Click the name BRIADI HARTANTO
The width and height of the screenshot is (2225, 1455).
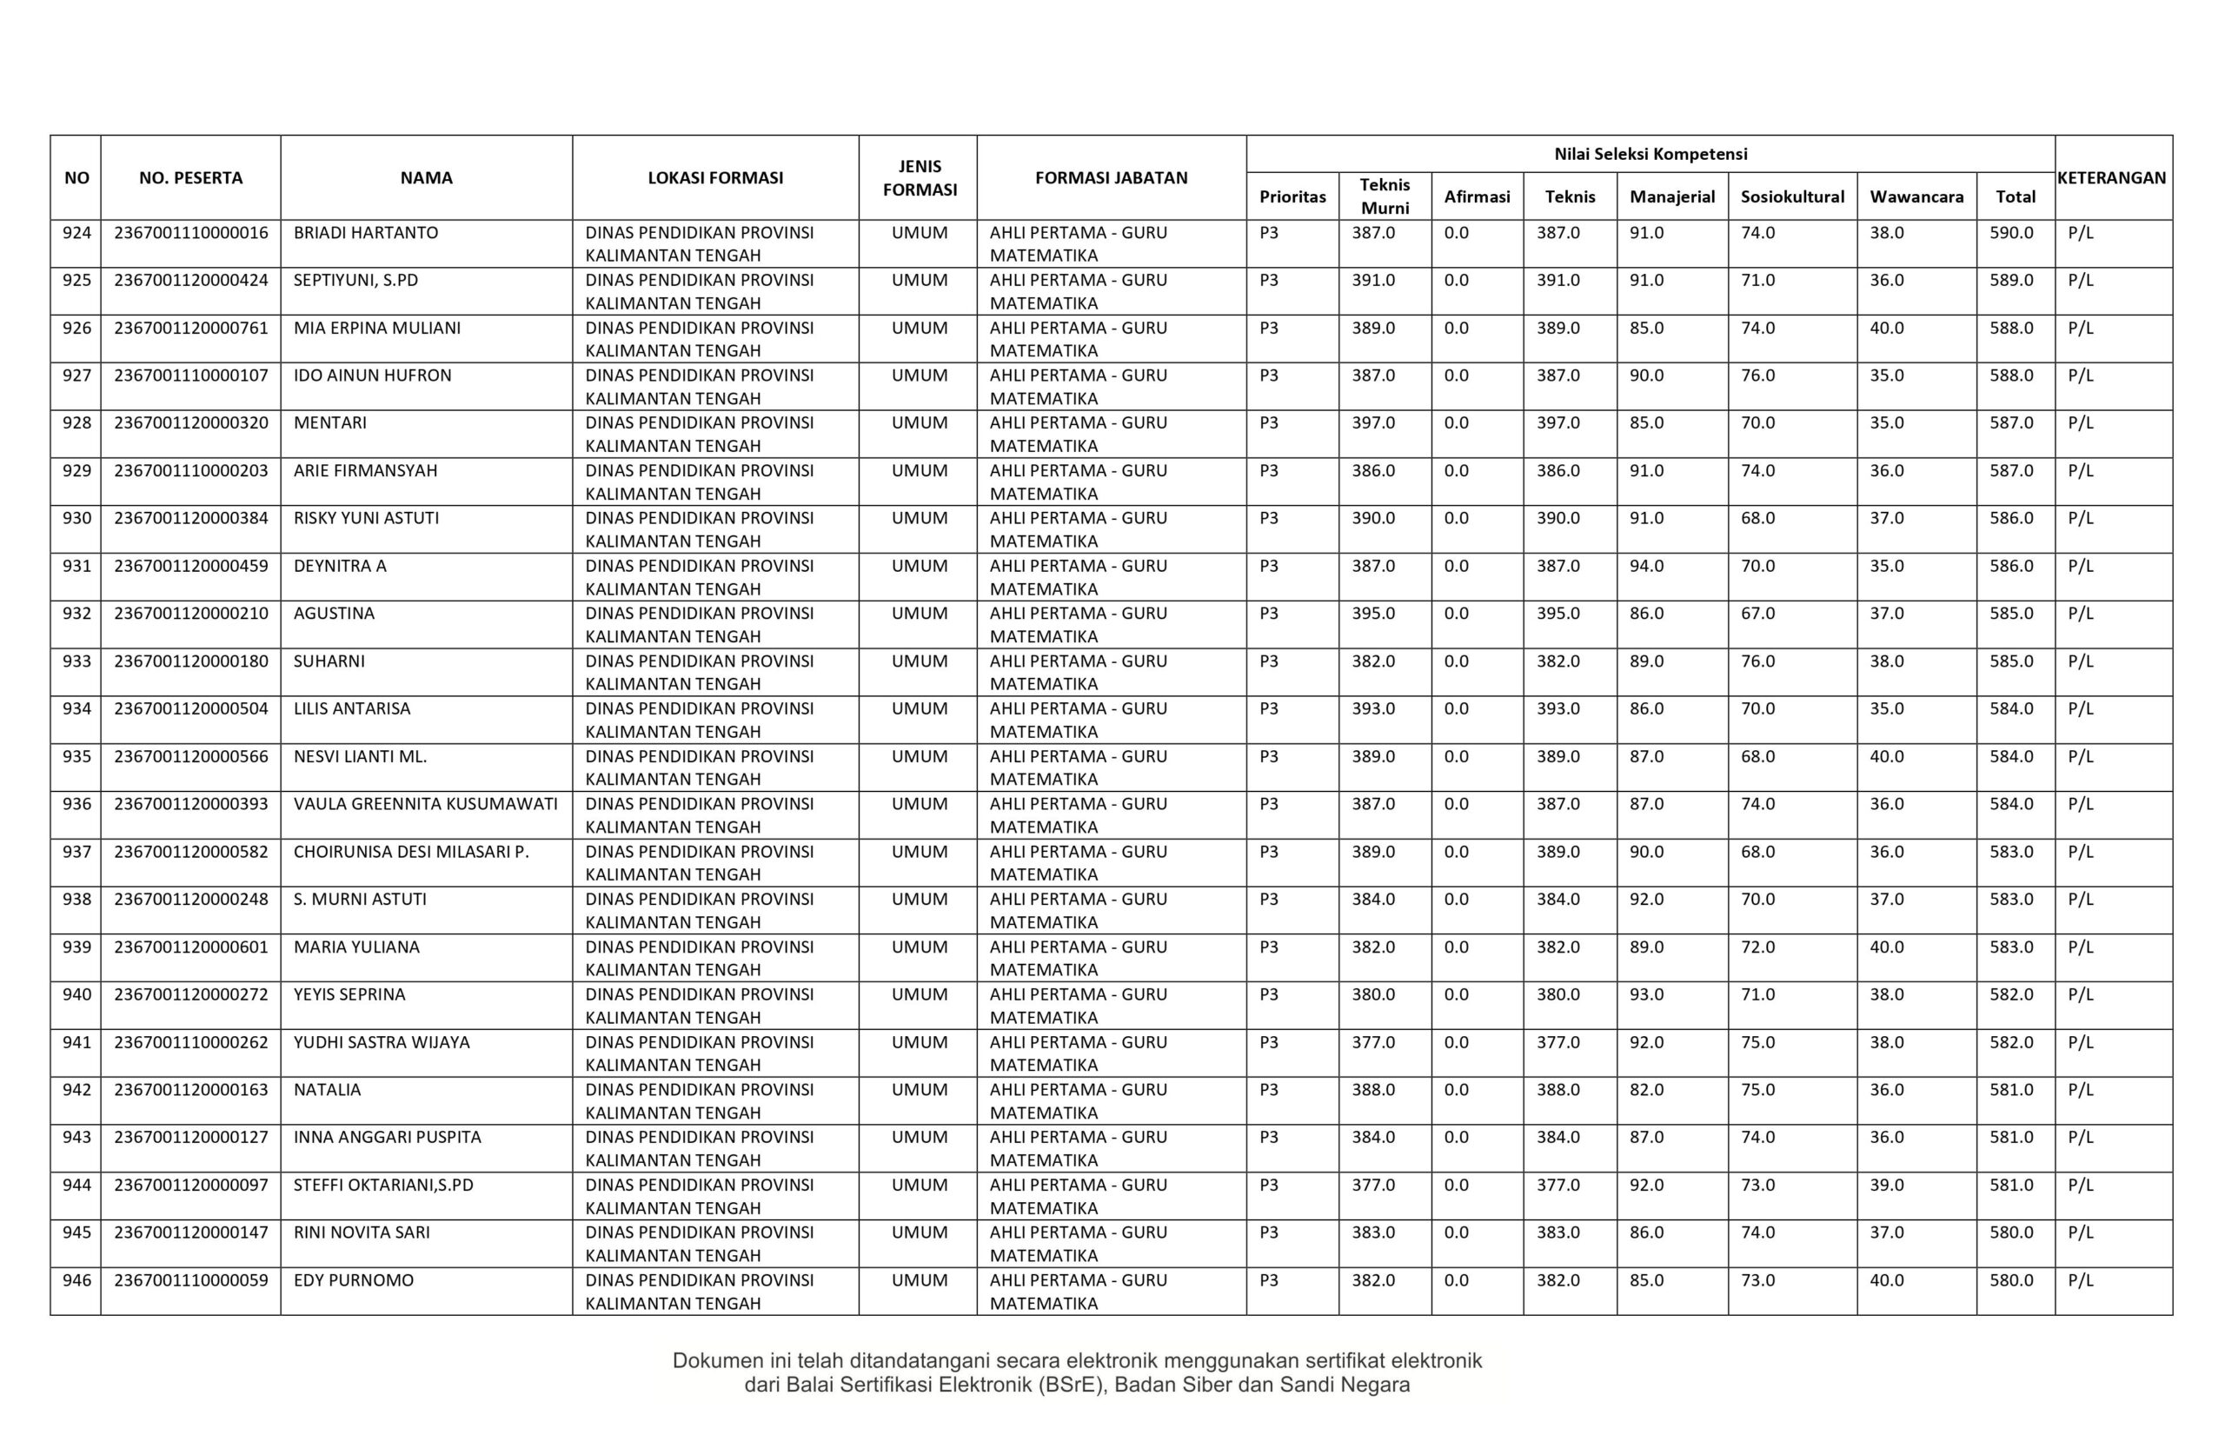pos(366,233)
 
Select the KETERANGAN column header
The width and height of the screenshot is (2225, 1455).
pos(2112,177)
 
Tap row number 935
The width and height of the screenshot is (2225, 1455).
pos(76,756)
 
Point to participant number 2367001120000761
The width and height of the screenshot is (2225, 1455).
pos(190,329)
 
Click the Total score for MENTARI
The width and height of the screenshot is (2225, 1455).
pos(2011,422)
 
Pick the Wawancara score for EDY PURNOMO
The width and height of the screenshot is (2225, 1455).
pos(1887,1280)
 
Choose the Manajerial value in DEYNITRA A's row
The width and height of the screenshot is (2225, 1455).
pos(1646,566)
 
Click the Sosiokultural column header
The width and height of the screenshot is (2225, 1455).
pos(1792,196)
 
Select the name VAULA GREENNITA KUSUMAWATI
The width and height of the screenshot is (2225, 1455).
pos(425,804)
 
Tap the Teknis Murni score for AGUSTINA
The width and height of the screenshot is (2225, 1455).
pos(1372,614)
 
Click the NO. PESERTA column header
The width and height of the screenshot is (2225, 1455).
pos(190,177)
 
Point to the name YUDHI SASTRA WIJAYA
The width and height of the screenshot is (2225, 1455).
pos(382,1043)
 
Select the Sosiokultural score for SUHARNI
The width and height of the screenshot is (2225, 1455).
pos(1757,661)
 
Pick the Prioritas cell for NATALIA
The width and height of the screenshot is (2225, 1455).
pos(1269,1089)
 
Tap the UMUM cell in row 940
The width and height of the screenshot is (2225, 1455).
pos(919,994)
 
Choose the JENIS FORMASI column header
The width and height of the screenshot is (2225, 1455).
pos(919,177)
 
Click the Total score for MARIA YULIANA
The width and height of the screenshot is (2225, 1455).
pos(2011,947)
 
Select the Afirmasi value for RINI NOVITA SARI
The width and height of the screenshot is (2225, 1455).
pos(1456,1232)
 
